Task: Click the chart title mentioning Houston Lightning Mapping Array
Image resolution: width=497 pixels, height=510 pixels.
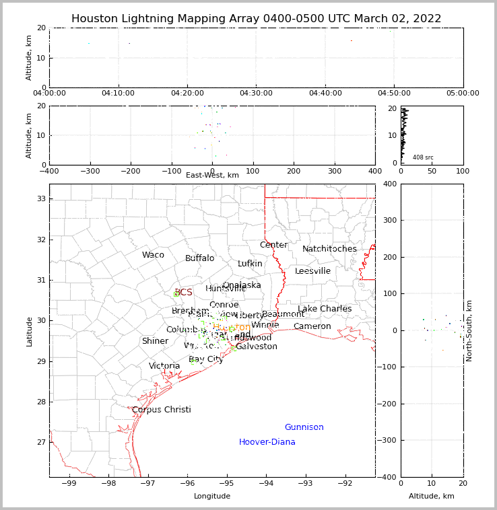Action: (256, 19)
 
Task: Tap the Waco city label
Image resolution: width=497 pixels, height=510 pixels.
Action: (153, 255)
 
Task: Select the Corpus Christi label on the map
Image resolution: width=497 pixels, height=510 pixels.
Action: (162, 410)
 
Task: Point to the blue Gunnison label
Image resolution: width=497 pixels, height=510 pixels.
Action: (304, 427)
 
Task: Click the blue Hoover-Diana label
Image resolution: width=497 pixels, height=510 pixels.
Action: (267, 442)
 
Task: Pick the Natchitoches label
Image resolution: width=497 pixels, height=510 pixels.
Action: (329, 249)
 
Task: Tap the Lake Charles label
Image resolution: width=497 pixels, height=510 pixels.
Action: (325, 309)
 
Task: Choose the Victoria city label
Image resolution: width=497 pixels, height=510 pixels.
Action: (164, 366)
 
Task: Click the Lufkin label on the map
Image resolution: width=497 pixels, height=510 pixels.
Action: (250, 264)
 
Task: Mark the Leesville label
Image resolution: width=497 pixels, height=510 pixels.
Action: (312, 271)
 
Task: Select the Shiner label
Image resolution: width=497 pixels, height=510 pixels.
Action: (155, 341)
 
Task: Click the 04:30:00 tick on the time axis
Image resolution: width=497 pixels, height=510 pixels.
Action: (256, 94)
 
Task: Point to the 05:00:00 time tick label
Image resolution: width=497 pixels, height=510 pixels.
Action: (463, 94)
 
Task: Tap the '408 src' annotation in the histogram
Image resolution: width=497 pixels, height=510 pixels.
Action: (423, 157)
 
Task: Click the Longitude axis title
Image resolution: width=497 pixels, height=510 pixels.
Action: (212, 496)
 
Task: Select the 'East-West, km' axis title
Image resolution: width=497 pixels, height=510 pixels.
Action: (212, 175)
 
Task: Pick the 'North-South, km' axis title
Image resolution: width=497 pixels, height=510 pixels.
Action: (470, 330)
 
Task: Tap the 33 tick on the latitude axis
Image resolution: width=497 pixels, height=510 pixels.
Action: (40, 198)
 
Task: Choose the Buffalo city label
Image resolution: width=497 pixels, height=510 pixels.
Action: (199, 258)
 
